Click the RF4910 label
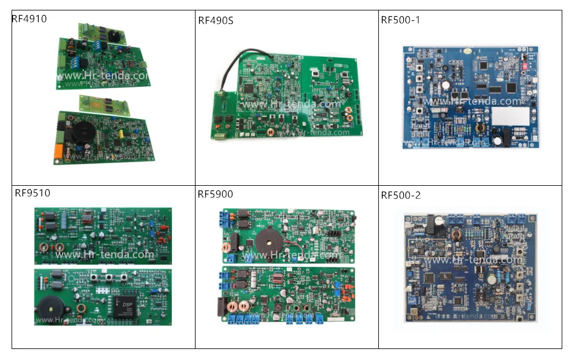29,19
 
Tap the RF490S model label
216,21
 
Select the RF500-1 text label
400,20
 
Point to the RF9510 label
32,193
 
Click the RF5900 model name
215,194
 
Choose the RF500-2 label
400,195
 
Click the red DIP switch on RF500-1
528,67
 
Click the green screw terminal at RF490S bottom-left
220,136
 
